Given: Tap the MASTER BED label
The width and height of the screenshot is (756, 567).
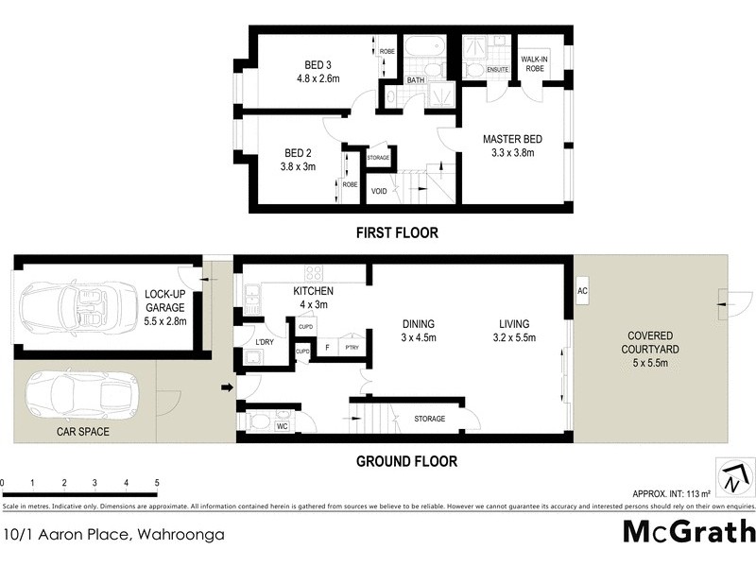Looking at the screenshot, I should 508,139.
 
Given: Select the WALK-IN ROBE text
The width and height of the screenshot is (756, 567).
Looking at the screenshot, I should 535,63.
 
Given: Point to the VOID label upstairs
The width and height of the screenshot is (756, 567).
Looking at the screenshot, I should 379,191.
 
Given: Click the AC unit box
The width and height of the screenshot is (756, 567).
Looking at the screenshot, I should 582,291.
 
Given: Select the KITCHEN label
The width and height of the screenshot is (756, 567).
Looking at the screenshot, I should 313,291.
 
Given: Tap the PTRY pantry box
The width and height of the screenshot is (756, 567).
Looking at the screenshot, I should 351,347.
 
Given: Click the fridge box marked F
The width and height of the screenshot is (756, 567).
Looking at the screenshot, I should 326,347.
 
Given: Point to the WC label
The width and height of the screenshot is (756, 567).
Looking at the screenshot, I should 281,426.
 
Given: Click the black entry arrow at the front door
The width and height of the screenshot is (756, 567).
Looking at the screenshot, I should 227,387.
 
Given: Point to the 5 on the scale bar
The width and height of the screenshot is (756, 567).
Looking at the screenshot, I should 156,484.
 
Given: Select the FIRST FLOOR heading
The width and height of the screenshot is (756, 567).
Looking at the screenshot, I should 397,232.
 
